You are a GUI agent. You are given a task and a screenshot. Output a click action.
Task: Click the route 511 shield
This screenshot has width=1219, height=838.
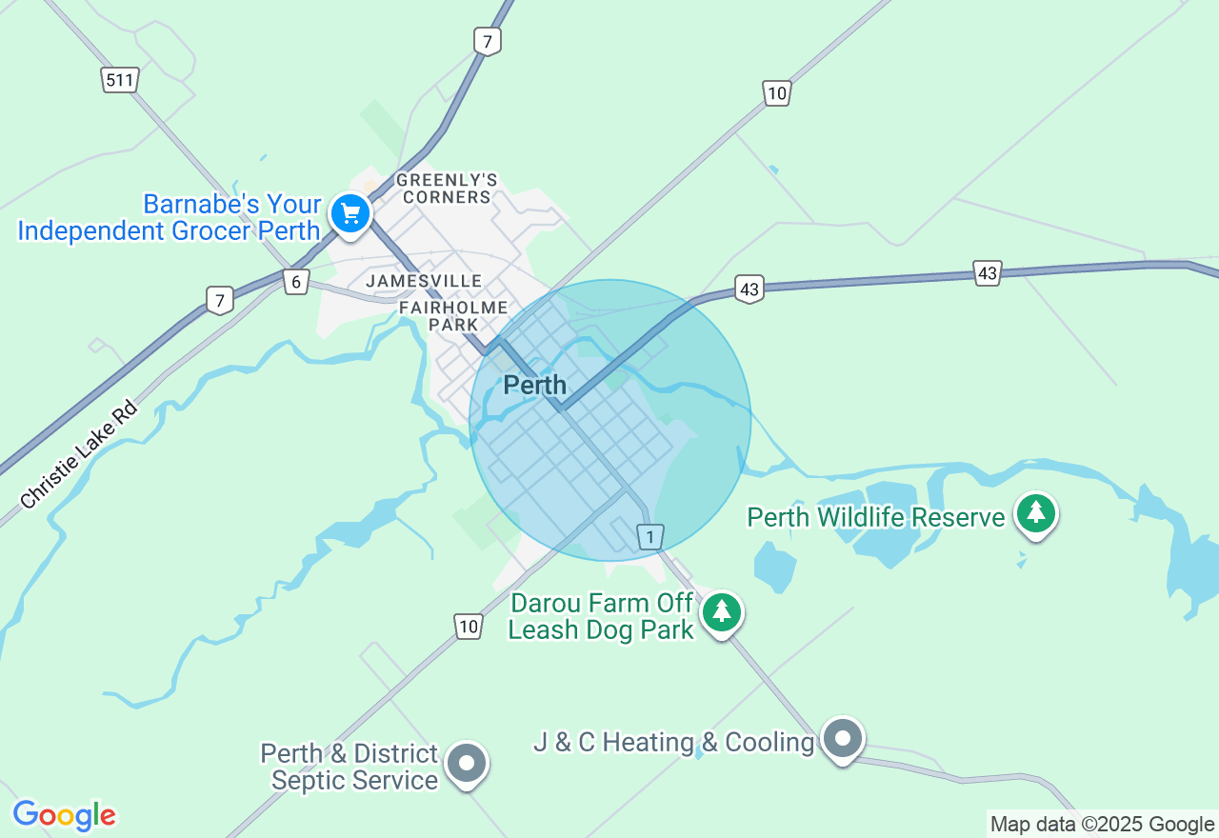coord(120,80)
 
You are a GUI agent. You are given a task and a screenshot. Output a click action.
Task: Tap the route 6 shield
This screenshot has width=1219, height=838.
coord(296,282)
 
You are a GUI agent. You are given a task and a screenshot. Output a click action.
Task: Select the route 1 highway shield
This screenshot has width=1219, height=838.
coord(650,538)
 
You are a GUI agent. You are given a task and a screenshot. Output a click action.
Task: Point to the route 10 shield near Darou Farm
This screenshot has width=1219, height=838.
coord(468,627)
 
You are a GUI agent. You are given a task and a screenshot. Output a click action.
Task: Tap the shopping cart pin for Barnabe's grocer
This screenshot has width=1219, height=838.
coord(350,213)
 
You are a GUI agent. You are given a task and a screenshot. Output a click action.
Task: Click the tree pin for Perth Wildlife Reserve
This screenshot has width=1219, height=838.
coord(1036,513)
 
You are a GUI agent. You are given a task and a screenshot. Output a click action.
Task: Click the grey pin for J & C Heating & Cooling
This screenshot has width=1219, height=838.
coord(842,739)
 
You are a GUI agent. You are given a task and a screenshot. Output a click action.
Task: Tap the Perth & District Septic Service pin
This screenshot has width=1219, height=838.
coord(467,763)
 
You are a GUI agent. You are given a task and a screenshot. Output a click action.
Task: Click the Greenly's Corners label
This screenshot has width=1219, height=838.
coord(447,189)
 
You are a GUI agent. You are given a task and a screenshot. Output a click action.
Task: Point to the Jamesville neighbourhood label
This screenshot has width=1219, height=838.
coord(424,281)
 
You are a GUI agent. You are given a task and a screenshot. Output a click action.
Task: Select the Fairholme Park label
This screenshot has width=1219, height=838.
coord(452,316)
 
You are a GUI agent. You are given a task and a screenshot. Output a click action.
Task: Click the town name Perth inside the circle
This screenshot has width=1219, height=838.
coord(534,386)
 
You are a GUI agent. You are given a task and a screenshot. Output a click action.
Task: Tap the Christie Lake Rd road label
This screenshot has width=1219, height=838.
coord(79,455)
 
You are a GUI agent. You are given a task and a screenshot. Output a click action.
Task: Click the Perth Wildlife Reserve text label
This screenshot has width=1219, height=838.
coord(876,518)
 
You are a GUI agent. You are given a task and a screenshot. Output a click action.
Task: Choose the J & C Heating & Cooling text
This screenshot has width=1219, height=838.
coord(674,743)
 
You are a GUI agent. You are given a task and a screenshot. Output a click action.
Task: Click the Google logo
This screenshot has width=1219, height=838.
coord(64,816)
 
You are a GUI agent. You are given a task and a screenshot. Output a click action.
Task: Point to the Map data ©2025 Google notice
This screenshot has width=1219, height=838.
coord(1102,825)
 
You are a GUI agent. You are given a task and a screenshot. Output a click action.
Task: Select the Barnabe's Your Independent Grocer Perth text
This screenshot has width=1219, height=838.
coord(170,218)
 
